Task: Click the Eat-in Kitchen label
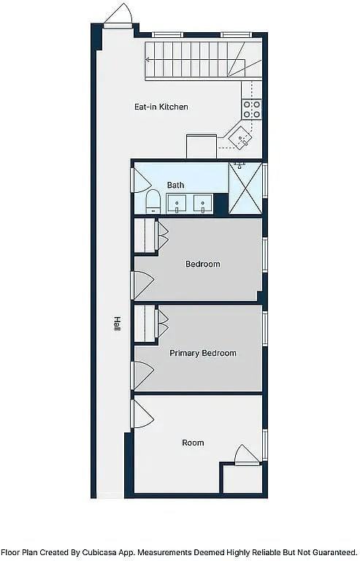[161, 107]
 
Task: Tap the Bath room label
[175, 185]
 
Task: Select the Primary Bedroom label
[203, 353]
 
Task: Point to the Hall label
[117, 324]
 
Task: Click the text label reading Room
[193, 443]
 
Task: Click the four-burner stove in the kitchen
[252, 110]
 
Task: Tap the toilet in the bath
[153, 202]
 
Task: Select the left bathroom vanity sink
[176, 204]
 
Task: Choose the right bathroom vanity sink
[203, 204]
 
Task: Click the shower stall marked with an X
[245, 188]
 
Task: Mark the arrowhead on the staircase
[148, 60]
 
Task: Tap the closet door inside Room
[247, 455]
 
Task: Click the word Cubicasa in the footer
[99, 552]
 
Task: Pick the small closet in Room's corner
[242, 478]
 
